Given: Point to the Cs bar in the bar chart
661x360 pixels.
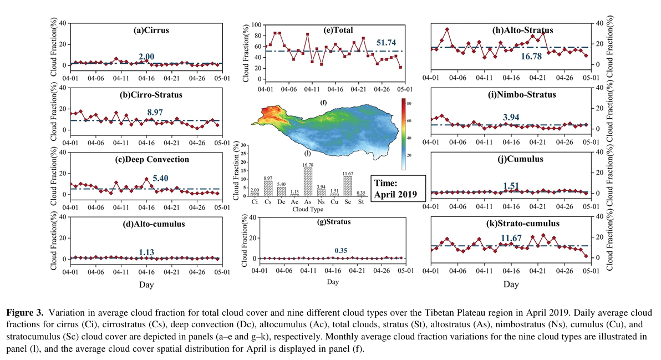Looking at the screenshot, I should pos(268,189).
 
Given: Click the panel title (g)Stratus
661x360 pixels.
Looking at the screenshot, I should pos(332,222).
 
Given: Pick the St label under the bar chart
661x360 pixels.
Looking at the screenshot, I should pos(362,201).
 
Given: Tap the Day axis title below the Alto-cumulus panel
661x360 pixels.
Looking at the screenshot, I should pos(146,285).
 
